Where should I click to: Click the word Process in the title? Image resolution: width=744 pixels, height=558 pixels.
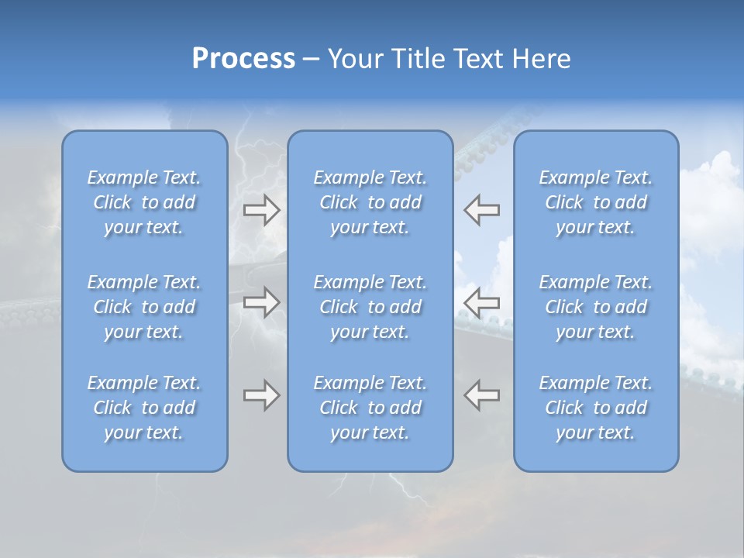click(x=243, y=59)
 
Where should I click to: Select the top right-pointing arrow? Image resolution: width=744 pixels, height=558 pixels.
click(x=262, y=210)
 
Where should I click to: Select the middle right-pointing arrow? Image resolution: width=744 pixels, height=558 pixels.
click(x=262, y=301)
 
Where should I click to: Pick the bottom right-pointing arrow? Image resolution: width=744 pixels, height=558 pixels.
click(x=262, y=395)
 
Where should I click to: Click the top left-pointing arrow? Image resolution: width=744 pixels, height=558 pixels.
click(x=481, y=210)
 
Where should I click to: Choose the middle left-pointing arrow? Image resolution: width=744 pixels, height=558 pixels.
click(x=481, y=301)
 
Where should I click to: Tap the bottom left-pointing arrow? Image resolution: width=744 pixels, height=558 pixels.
click(x=481, y=395)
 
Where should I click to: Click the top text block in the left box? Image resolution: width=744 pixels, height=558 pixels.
click(x=144, y=202)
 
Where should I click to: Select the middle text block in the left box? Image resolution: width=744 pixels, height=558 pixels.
click(x=144, y=307)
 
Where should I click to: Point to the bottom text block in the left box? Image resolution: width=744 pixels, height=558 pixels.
click(x=144, y=408)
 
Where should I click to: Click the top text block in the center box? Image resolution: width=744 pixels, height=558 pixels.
click(x=370, y=202)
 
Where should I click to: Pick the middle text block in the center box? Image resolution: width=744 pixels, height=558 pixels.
click(x=370, y=307)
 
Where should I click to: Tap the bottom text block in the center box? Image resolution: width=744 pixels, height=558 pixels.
click(x=370, y=408)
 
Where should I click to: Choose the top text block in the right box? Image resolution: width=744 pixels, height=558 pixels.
click(x=595, y=202)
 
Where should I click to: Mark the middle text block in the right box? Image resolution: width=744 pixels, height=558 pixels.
click(x=595, y=307)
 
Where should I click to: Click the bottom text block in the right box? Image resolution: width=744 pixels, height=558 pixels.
click(x=595, y=408)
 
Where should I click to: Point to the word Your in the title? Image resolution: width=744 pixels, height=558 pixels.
click(x=356, y=59)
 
